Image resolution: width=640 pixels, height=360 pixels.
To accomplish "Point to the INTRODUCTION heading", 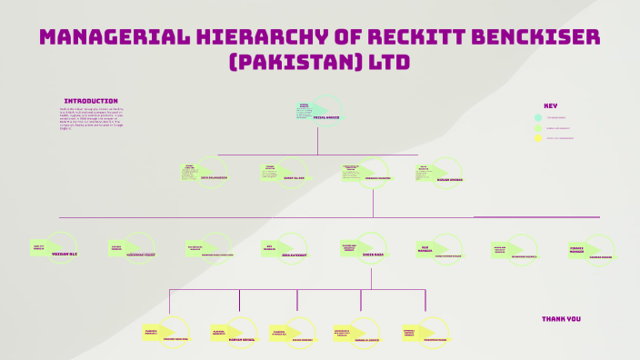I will [x=91, y=101].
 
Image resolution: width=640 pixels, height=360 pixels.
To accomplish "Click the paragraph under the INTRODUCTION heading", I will [x=91, y=118].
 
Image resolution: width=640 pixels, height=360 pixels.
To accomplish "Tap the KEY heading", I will [x=550, y=105].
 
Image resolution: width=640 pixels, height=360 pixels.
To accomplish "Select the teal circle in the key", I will [x=538, y=117].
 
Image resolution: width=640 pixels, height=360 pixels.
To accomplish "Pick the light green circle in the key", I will [x=538, y=128].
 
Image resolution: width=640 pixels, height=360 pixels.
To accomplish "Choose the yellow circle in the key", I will [x=538, y=138].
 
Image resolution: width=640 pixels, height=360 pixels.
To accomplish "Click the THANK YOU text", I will [x=561, y=319].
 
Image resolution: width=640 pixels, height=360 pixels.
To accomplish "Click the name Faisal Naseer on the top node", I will [x=325, y=117].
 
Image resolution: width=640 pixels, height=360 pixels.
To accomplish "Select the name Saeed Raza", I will [x=374, y=255].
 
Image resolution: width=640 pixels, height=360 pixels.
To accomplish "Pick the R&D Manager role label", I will [x=425, y=247].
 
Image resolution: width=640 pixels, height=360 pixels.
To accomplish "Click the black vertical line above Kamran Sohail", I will [x=239, y=300].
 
